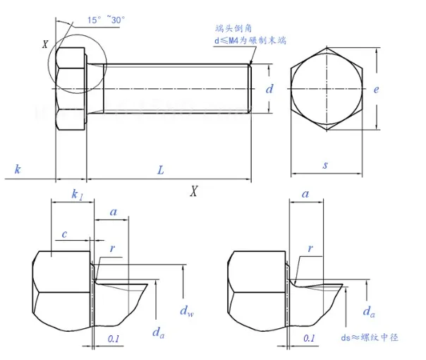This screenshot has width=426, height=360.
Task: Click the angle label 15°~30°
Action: coord(105,20)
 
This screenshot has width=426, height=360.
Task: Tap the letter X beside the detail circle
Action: coord(45,44)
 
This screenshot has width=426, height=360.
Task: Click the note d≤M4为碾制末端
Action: coord(251,41)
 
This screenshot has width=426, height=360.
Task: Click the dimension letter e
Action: coord(377,90)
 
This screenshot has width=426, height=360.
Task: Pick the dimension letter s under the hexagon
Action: coord(325,165)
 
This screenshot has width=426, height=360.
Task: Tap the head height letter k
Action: coord(17,169)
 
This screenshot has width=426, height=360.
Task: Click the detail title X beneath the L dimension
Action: coord(193,191)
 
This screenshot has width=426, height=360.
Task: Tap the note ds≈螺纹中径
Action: coord(375,337)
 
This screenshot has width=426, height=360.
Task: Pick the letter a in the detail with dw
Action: coord(114,212)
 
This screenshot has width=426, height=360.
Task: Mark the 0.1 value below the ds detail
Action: coord(308,339)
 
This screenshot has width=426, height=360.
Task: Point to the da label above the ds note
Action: coord(367,311)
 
